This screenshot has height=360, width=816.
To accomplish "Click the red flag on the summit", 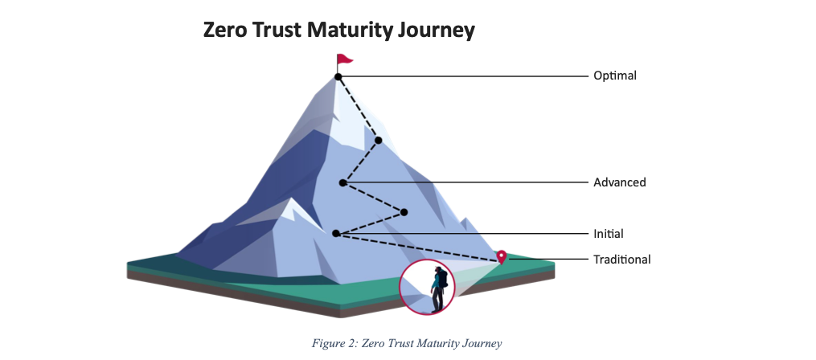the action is pyautogui.click(x=345, y=59).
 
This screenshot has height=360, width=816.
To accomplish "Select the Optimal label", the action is pyautogui.click(x=614, y=76).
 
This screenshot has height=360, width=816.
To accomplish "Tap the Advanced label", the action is pyautogui.click(x=619, y=182).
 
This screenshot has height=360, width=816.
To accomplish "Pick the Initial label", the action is pyautogui.click(x=609, y=234).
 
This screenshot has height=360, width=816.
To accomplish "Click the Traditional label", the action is pyautogui.click(x=621, y=259).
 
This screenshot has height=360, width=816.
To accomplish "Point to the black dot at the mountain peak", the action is pyautogui.click(x=338, y=77).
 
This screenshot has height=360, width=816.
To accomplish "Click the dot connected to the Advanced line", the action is pyautogui.click(x=343, y=183).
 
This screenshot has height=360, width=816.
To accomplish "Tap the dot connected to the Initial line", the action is pyautogui.click(x=336, y=234).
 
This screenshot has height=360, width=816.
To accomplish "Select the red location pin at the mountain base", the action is pyautogui.click(x=502, y=256).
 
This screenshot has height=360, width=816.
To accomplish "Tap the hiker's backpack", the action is pyautogui.click(x=443, y=280).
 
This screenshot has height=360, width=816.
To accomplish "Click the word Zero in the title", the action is pyautogui.click(x=228, y=31).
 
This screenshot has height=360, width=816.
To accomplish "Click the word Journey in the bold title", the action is pyautogui.click(x=441, y=31).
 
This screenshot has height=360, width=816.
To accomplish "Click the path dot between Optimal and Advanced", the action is pyautogui.click(x=378, y=141).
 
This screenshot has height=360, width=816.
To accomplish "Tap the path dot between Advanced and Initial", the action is pyautogui.click(x=404, y=212).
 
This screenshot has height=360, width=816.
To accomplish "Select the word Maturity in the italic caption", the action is pyautogui.click(x=435, y=344).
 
